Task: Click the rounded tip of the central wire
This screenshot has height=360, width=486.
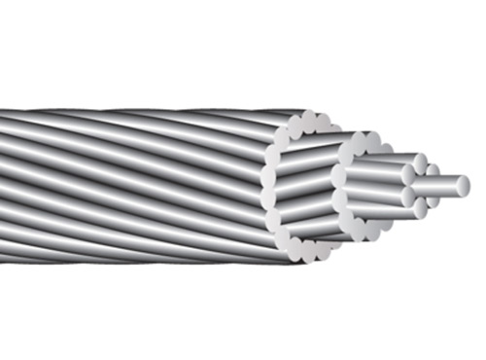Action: [x=463, y=185]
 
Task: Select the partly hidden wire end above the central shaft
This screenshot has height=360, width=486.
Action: [x=433, y=170]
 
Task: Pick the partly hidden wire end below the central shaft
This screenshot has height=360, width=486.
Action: [x=434, y=200]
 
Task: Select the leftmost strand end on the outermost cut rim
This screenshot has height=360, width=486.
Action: [x=266, y=187]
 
